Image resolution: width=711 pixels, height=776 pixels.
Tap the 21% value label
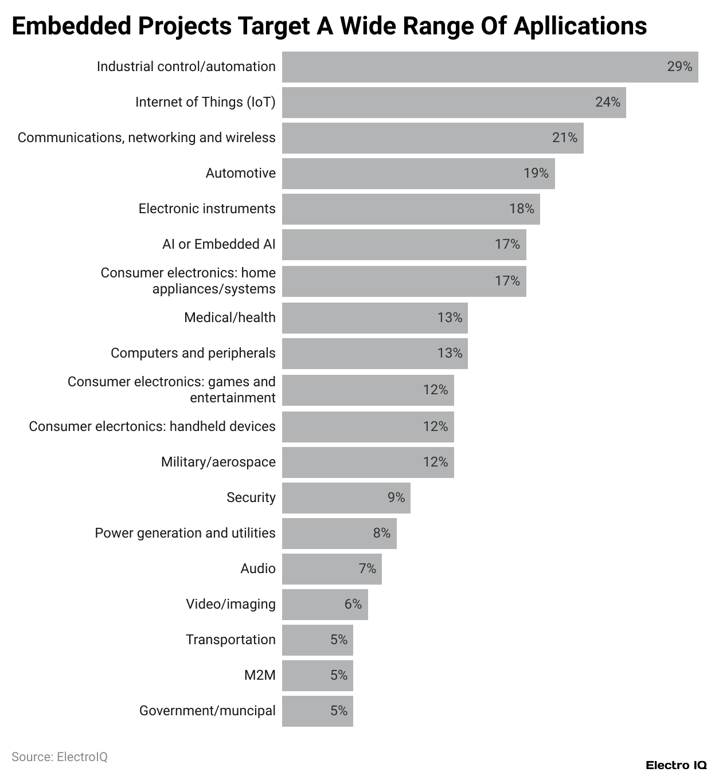click(x=564, y=138)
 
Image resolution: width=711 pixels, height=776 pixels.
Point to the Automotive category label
click(x=240, y=173)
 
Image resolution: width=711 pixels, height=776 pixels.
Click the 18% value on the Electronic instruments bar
click(x=521, y=209)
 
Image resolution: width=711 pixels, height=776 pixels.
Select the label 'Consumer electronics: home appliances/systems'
click(x=188, y=281)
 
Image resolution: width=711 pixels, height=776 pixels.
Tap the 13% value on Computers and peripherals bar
click(x=450, y=353)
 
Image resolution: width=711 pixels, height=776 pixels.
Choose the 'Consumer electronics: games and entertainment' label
click(x=171, y=390)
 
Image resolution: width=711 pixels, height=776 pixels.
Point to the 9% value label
click(x=396, y=497)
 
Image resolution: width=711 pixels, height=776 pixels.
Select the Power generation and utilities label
click(x=185, y=533)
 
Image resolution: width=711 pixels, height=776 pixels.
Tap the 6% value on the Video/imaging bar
click(x=353, y=604)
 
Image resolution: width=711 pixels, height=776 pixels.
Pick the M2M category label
click(x=260, y=675)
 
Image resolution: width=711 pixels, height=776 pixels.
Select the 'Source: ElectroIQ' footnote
click(x=60, y=757)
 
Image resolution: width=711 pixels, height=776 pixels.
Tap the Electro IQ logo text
click(x=675, y=765)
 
